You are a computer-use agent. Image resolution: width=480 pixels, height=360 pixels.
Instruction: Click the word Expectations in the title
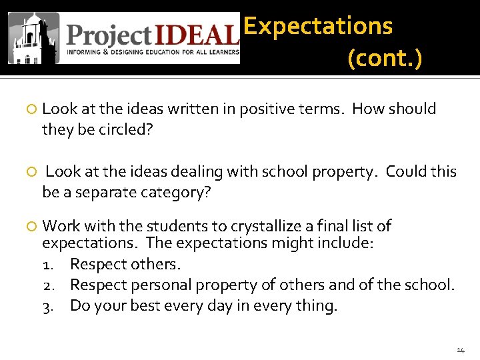point(318,26)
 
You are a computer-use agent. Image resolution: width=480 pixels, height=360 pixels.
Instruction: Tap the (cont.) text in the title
point(385,59)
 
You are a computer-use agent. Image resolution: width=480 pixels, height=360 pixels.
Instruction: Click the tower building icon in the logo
point(33,39)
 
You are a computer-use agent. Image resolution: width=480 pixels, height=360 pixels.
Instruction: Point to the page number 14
point(461,350)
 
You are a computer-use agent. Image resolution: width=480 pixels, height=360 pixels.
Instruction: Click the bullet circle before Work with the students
point(30,227)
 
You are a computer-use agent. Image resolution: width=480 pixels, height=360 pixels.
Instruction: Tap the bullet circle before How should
point(30,109)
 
